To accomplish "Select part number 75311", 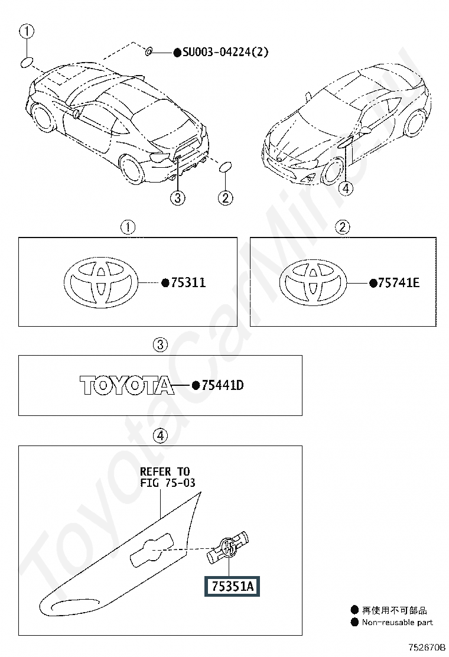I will click(188, 282).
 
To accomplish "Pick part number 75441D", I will click(222, 386).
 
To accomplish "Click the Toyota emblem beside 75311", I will click(102, 283).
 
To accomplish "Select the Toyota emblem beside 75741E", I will click(312, 283).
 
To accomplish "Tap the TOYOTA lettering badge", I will click(127, 386).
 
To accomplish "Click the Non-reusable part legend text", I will click(397, 622).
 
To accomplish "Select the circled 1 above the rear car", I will click(26, 31).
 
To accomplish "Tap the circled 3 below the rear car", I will click(178, 198).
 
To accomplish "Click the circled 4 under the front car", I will click(346, 188).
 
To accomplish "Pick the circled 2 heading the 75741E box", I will click(343, 226).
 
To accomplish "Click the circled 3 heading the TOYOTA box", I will click(161, 344).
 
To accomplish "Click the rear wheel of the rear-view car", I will click(132, 169).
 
